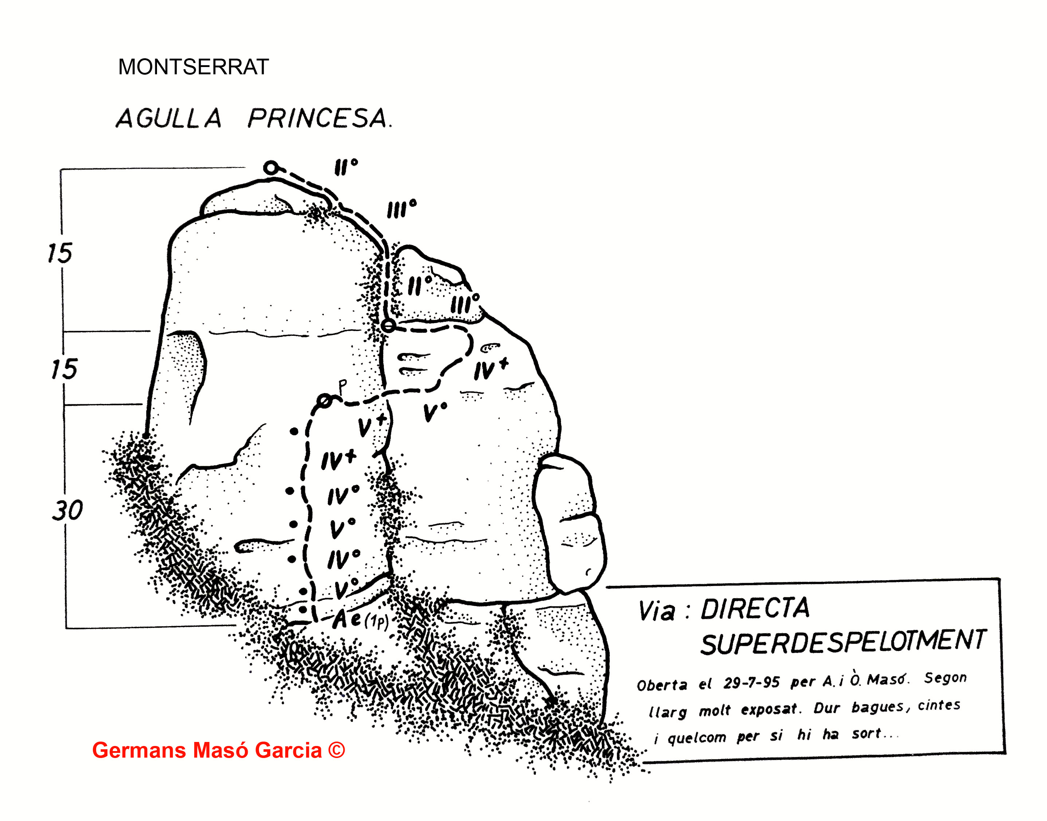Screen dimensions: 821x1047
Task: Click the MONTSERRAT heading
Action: click(193, 67)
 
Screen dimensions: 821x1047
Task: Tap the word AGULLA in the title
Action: click(169, 118)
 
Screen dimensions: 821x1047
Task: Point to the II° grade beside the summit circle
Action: click(346, 167)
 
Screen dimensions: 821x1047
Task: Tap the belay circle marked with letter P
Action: click(325, 400)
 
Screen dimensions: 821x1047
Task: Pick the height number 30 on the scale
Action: click(67, 510)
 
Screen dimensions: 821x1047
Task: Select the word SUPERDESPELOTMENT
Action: click(843, 642)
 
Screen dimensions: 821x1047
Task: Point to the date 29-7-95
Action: click(751, 683)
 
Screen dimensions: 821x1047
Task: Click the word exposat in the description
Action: click(769, 710)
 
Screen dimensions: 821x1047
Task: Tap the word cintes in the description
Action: click(939, 705)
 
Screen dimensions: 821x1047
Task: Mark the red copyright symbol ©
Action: click(337, 750)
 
